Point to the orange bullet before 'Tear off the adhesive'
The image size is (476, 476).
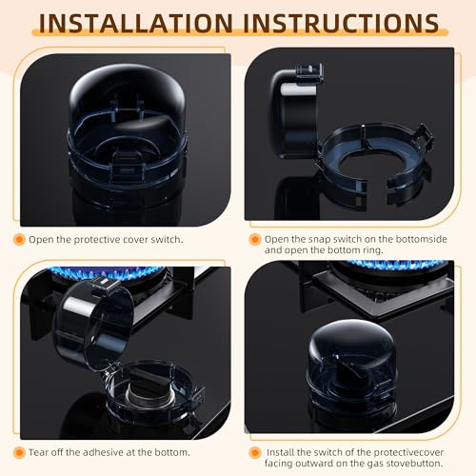click(x=19, y=451)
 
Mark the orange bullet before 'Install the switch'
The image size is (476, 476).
click(x=254, y=451)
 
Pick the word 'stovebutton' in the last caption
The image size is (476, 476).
click(x=423, y=464)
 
